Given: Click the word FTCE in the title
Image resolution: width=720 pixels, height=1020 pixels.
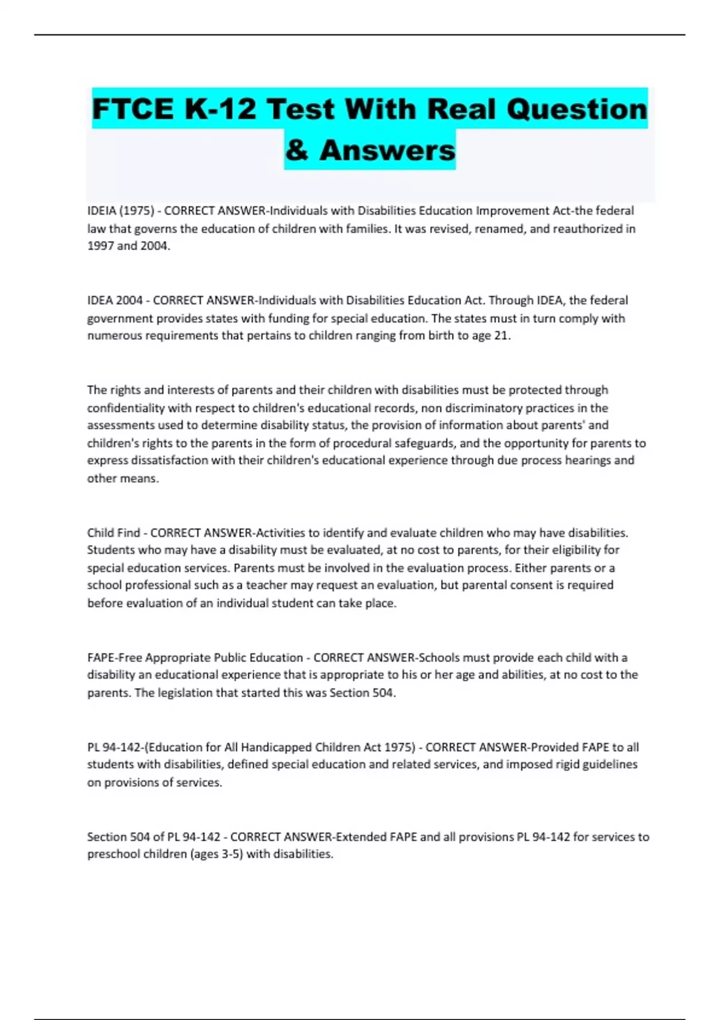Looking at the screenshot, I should pos(133,109).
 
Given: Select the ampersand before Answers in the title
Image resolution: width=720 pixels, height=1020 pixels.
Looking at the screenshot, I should pos(297,150).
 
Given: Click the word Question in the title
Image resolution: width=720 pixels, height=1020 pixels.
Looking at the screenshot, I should pos(577,109).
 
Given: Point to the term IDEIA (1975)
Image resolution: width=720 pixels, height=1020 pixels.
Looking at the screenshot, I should pos(121,211).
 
